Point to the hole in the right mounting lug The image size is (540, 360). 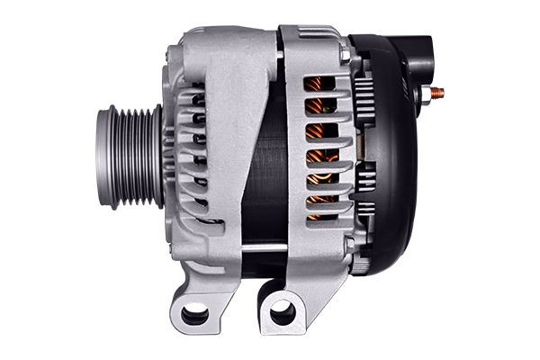tap(282, 313)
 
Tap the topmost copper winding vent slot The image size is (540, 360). tap(317, 84)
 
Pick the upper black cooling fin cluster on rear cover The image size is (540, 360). tap(364, 90)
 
